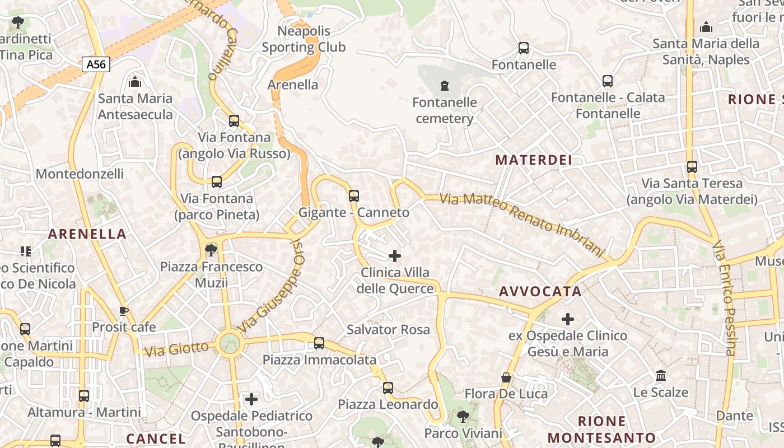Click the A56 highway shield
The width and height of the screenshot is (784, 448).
(x=96, y=64)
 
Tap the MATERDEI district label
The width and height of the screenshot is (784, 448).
(x=534, y=160)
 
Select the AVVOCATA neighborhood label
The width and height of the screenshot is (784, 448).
(x=540, y=291)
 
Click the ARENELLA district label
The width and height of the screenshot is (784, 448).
(x=87, y=234)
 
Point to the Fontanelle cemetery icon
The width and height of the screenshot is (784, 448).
(x=445, y=86)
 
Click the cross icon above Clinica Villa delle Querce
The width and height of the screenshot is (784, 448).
(x=395, y=256)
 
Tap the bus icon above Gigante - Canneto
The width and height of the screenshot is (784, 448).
(x=353, y=196)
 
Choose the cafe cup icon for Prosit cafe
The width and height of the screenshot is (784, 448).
(x=124, y=311)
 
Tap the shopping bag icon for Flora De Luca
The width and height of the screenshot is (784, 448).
(x=506, y=378)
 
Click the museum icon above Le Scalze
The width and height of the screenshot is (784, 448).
(x=660, y=375)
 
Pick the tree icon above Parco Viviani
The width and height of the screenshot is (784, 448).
(x=463, y=417)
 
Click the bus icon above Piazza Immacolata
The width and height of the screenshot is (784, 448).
(x=319, y=343)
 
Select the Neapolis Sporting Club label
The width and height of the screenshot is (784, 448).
(x=304, y=39)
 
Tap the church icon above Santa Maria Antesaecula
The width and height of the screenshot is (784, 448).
(x=135, y=82)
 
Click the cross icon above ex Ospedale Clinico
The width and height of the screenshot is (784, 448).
(x=568, y=319)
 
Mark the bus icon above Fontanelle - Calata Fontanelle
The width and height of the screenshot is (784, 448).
(x=608, y=81)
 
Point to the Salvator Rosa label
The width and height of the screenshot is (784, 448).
(x=388, y=329)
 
